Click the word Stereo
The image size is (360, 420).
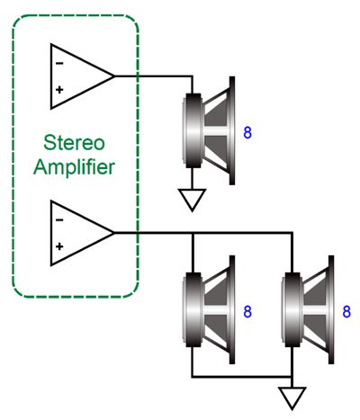tap(74, 143)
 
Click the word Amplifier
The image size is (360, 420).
tap(74, 167)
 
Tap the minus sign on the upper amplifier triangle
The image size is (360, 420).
tap(59, 63)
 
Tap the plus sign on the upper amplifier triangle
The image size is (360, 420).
tap(59, 89)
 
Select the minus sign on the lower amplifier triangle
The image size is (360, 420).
tap(59, 220)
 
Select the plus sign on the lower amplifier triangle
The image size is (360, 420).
tap(59, 246)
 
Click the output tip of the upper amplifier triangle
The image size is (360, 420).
tap(114, 76)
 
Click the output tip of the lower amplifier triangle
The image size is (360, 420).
tap(114, 233)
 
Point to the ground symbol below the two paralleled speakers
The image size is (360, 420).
tap(292, 398)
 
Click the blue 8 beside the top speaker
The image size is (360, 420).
tap(247, 132)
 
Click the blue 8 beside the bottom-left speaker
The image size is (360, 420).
tap(247, 312)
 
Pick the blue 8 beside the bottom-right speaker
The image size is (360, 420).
tap(346, 312)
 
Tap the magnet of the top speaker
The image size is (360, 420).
tap(193, 130)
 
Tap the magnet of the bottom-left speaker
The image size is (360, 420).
tap(193, 309)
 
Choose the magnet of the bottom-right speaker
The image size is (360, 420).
tap(292, 309)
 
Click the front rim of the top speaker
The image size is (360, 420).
tap(232, 130)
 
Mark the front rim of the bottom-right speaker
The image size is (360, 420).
tap(331, 309)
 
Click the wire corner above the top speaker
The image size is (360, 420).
tap(192, 76)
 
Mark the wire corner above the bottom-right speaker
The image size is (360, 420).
tap(292, 233)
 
